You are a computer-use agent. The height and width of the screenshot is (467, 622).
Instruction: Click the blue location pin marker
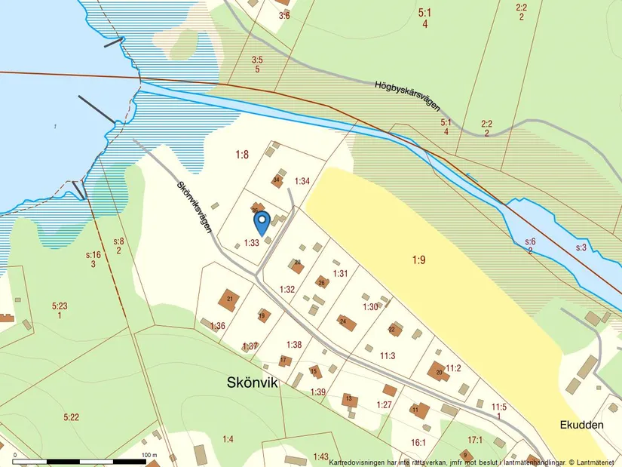click(x=262, y=223)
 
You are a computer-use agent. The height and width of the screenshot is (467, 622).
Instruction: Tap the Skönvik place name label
click(x=253, y=383)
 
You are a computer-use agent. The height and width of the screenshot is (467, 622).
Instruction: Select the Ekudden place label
click(x=581, y=425)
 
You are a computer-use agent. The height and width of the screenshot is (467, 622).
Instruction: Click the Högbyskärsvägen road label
click(x=407, y=96)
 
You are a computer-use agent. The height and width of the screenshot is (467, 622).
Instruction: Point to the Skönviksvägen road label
click(x=195, y=205)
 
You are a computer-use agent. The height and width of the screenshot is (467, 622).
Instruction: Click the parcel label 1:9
click(x=419, y=260)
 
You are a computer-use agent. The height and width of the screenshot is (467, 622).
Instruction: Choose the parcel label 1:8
click(x=241, y=155)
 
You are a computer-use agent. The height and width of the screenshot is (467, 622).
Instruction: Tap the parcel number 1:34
click(x=302, y=181)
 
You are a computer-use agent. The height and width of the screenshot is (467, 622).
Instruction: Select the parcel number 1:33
click(x=251, y=243)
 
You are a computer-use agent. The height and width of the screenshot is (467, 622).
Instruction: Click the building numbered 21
click(x=228, y=300)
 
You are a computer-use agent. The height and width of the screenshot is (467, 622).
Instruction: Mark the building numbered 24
click(x=345, y=322)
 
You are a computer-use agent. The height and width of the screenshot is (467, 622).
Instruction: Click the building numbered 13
click(x=349, y=399)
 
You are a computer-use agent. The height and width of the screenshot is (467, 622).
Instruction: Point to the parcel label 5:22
click(x=72, y=416)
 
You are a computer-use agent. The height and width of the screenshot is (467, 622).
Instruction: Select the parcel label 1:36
click(x=218, y=326)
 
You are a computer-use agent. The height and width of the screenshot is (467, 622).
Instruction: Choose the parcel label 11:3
click(x=388, y=355)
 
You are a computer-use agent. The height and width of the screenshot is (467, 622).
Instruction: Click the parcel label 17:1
click(x=474, y=440)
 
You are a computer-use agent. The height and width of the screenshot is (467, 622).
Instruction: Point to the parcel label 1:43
click(x=321, y=456)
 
